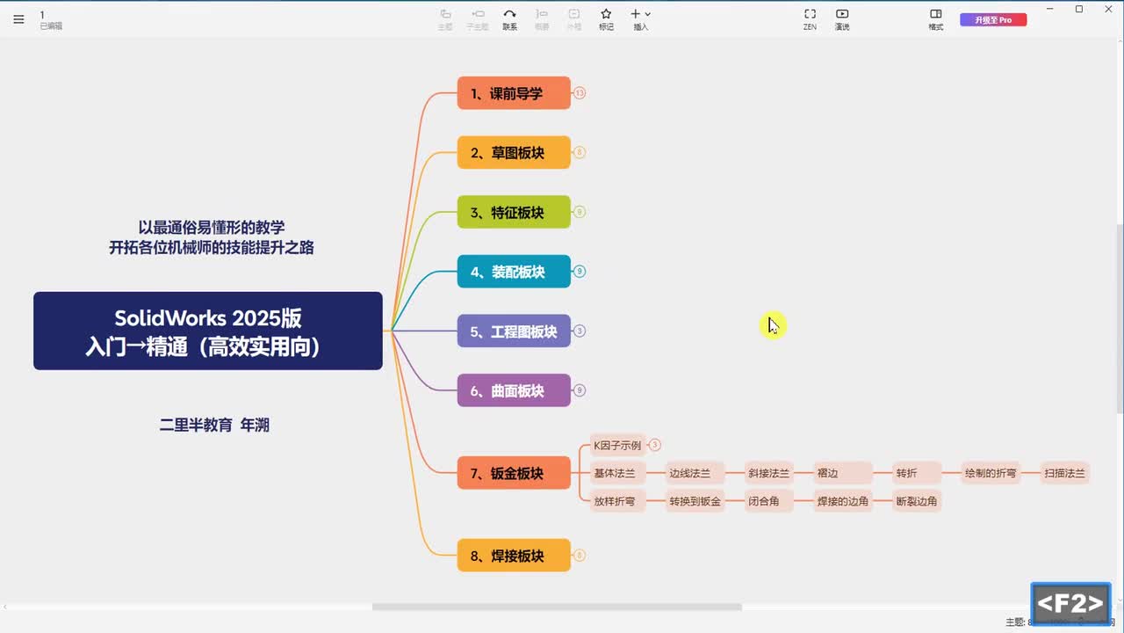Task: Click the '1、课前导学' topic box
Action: click(x=514, y=93)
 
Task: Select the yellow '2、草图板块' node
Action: click(x=514, y=153)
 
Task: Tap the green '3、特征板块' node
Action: click(x=514, y=213)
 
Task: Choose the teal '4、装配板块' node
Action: click(x=514, y=272)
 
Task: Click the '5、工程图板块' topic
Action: click(x=514, y=331)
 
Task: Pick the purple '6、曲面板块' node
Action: click(x=514, y=390)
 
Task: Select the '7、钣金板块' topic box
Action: click(x=514, y=473)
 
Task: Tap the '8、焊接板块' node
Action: click(x=514, y=556)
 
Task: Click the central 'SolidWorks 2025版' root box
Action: click(x=208, y=331)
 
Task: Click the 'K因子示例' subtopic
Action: click(x=617, y=445)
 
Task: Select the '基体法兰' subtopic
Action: click(x=615, y=473)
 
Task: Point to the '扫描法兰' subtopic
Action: click(x=1065, y=473)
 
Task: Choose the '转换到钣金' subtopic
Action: click(x=695, y=501)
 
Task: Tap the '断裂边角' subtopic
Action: click(x=917, y=501)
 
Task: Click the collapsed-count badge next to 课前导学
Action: click(x=580, y=93)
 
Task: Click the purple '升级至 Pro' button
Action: click(x=993, y=19)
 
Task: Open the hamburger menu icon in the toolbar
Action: click(x=18, y=19)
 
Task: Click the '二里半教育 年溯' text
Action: click(x=214, y=425)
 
